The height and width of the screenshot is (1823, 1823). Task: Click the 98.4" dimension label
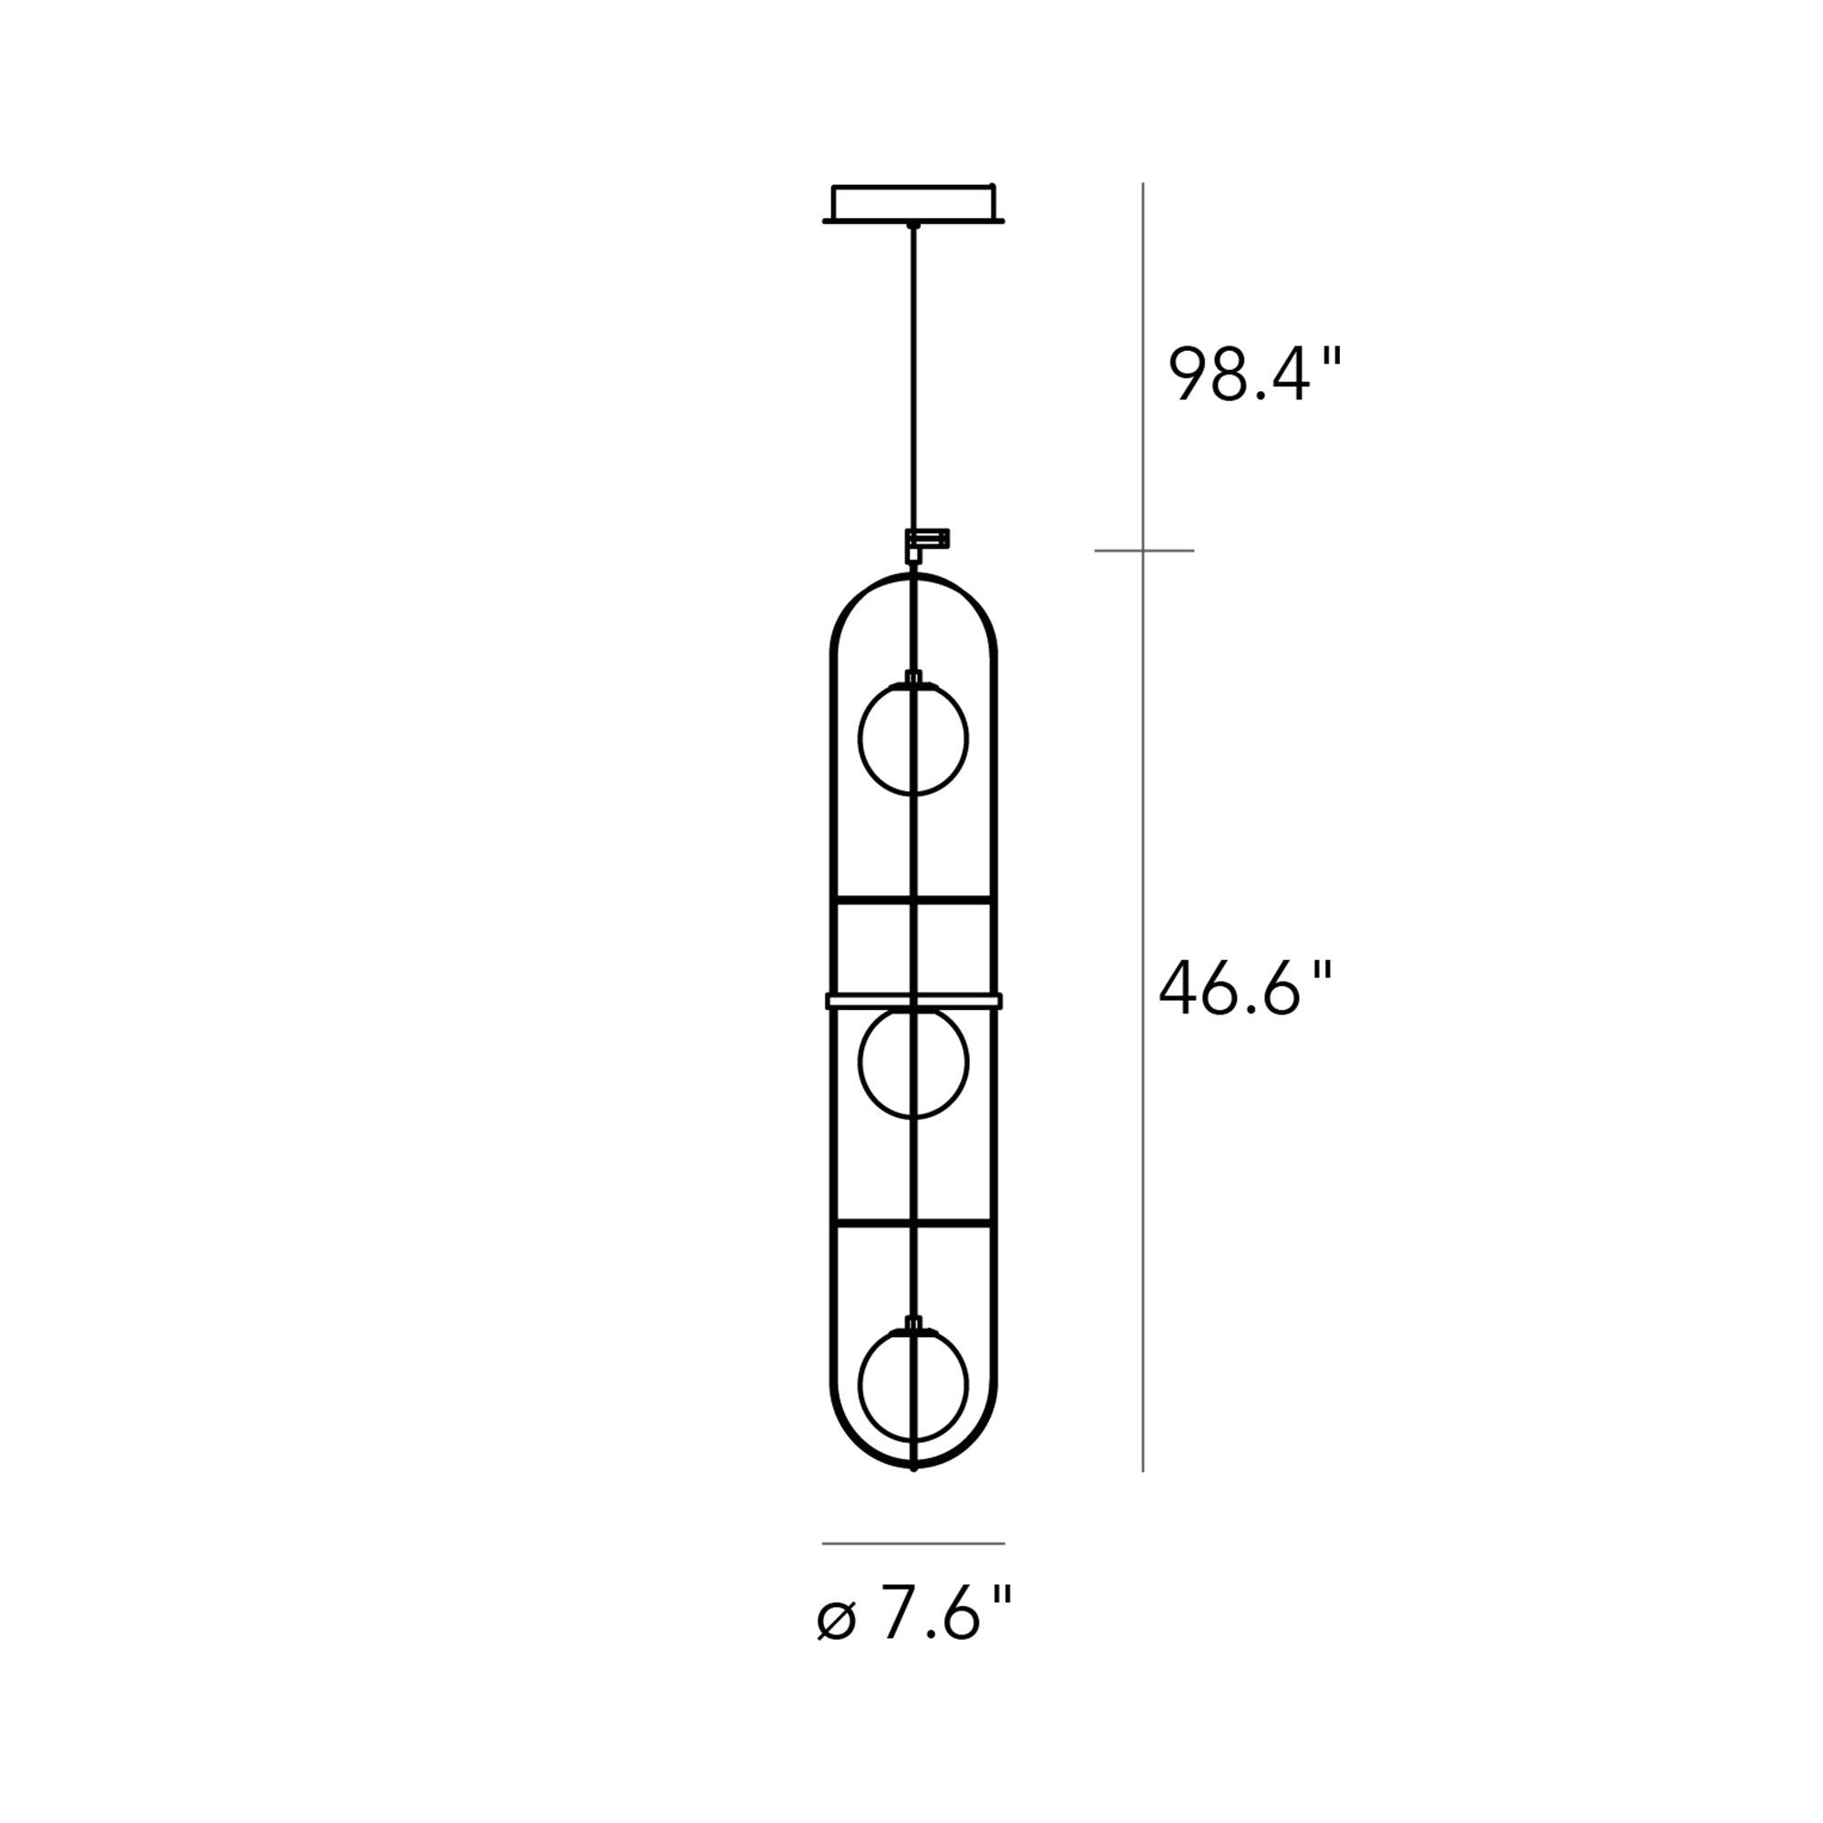1254,375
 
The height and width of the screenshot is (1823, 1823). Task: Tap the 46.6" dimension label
1245,989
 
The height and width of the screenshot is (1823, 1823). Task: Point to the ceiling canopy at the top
913,203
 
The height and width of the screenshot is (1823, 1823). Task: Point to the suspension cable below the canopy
912,377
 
